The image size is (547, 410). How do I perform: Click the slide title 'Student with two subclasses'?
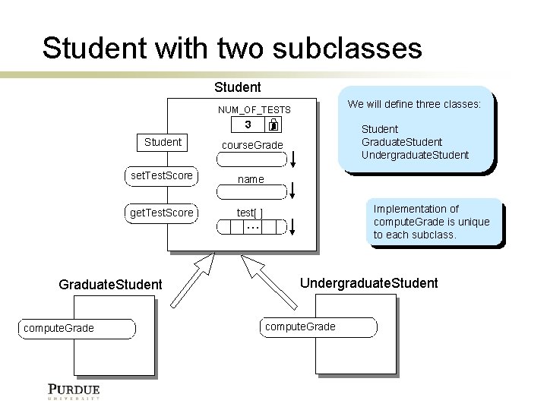[x=232, y=48]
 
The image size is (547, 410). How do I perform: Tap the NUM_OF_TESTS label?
[x=255, y=110]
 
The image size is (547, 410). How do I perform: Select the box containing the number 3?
[x=248, y=125]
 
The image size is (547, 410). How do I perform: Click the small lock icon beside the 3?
[x=273, y=125]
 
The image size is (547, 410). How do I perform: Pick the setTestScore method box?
[x=162, y=176]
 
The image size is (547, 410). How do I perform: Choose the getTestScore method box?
[x=162, y=213]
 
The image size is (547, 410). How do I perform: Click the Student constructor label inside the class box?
[x=163, y=142]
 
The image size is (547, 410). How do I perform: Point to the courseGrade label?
[x=251, y=145]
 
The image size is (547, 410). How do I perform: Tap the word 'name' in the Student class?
[x=251, y=180]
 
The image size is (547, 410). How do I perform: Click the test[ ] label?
[x=250, y=213]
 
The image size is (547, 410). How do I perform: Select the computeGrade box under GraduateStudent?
[x=78, y=328]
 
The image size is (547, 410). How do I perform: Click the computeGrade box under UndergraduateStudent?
[x=319, y=327]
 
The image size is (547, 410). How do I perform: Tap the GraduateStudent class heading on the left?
[x=110, y=285]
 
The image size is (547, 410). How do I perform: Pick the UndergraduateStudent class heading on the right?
[x=368, y=283]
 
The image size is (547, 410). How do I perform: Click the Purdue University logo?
[x=74, y=391]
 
